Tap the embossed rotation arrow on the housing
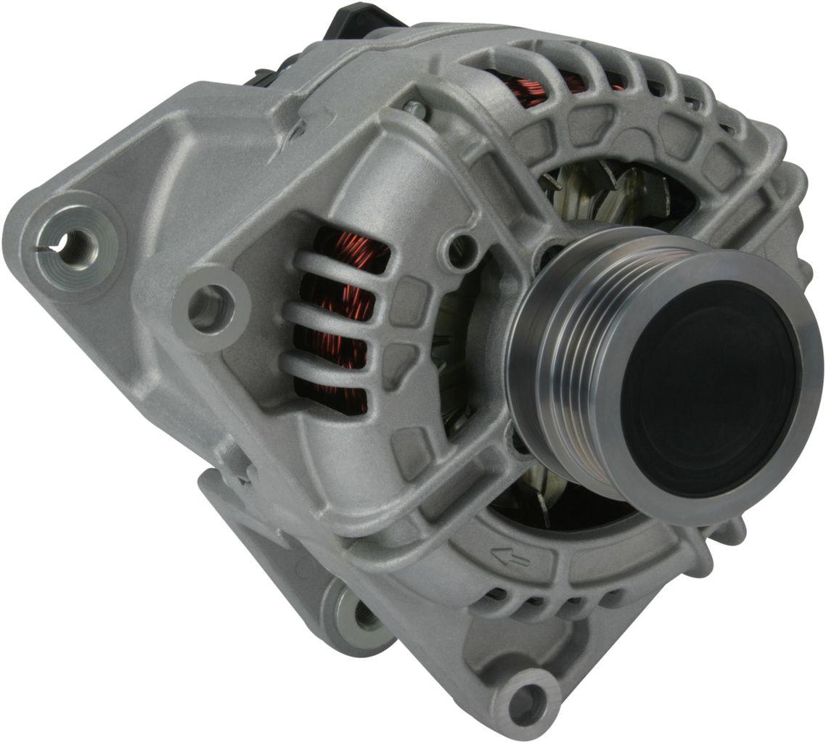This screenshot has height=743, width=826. point(510,557)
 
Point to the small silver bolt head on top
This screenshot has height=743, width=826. point(416,109)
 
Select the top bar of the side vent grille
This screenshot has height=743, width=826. point(341,264)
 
